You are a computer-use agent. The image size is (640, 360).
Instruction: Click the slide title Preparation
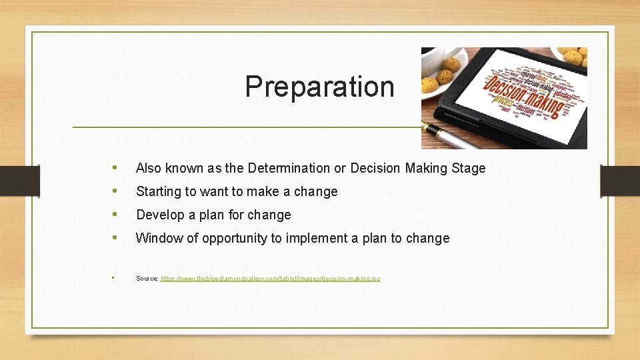click(319, 87)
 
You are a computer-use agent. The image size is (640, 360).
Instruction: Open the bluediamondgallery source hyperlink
click(271, 278)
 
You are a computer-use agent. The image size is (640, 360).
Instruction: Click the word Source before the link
click(147, 278)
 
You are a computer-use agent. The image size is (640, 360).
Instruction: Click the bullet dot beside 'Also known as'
click(116, 167)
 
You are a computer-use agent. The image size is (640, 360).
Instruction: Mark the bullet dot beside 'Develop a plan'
click(116, 214)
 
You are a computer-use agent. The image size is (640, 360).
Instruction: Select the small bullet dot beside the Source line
click(114, 277)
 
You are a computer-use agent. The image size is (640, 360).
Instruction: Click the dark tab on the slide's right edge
click(619, 181)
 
